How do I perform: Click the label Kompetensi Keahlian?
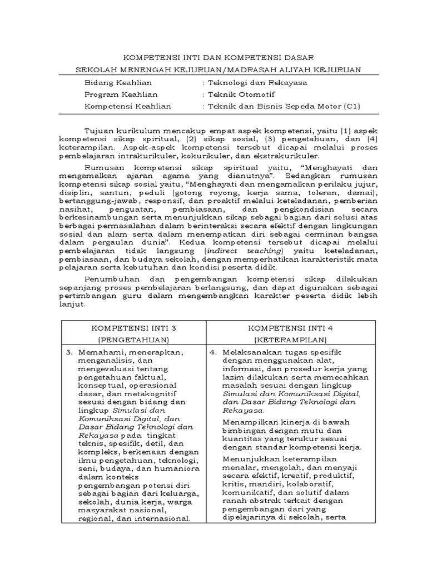[128, 106]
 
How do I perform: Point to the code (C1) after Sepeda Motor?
[349, 106]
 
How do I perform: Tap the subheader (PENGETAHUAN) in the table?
[133, 339]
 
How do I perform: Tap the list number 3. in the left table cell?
[69, 352]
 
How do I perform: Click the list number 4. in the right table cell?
[213, 352]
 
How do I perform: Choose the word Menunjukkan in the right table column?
[248, 459]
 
